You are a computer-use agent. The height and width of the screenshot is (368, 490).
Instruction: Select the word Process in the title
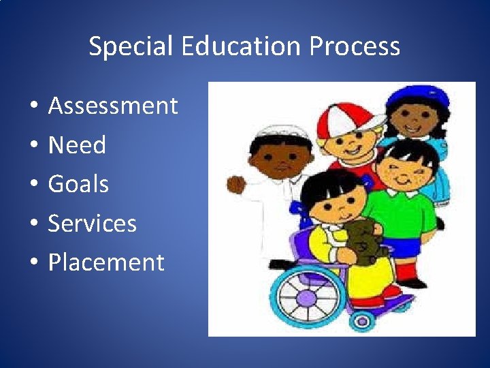click(355, 46)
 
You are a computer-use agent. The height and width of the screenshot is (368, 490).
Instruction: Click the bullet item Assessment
click(113, 106)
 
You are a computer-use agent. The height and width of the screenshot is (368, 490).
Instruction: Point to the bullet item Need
click(77, 145)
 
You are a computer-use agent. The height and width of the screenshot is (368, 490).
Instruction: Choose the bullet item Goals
click(78, 184)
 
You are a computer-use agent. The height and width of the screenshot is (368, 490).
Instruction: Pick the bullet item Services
click(92, 224)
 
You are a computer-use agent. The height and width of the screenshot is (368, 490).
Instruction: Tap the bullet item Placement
click(106, 262)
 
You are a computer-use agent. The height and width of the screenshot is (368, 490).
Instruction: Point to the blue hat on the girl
click(418, 97)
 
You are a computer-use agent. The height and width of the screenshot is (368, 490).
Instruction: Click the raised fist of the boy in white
click(235, 184)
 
